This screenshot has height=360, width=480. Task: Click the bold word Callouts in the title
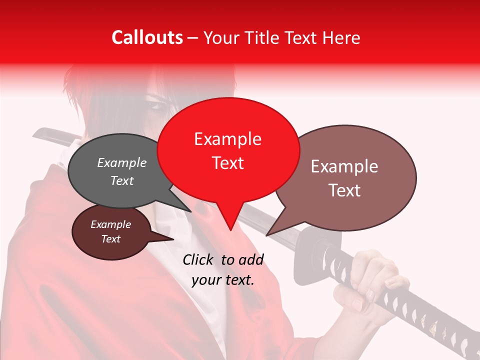coord(147,37)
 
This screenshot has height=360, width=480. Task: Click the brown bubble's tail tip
coord(267,234)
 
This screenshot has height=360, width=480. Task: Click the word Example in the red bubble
coord(227,139)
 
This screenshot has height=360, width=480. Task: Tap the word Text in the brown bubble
coord(345,190)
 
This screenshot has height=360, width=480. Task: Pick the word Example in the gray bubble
coord(122,163)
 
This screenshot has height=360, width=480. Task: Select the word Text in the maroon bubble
coord(111,239)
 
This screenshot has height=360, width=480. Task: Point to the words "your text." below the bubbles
coord(222,280)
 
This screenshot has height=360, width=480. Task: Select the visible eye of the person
coord(157,106)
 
